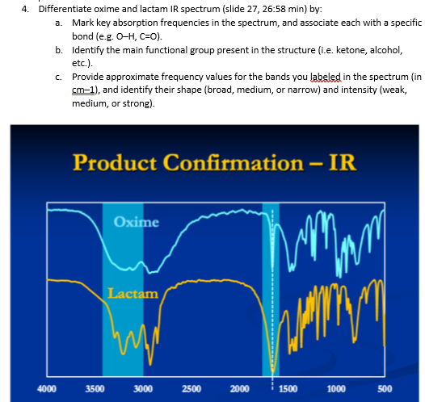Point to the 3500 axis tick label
95,388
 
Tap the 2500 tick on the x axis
191,388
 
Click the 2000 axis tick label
239,388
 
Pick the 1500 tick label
288,388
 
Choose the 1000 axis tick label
337,388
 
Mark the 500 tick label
385,388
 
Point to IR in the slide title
343,162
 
